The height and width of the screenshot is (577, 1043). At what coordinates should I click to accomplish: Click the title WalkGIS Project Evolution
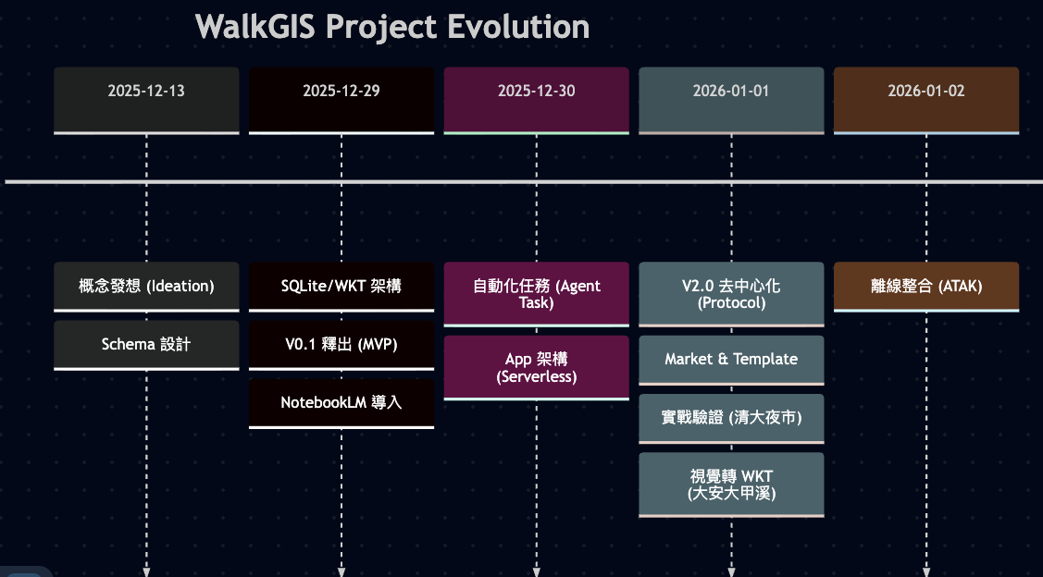(x=392, y=27)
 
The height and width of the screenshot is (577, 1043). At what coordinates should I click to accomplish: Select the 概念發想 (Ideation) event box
(x=146, y=286)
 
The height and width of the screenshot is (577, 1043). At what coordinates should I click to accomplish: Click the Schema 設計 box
(x=146, y=344)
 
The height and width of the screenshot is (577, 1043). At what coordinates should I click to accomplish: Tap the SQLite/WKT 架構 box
(x=341, y=286)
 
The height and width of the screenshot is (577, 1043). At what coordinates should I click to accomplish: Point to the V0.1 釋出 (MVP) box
(x=341, y=344)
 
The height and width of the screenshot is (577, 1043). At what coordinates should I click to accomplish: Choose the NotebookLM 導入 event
(x=341, y=402)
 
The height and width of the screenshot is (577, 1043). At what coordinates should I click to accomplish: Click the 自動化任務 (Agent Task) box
(x=536, y=293)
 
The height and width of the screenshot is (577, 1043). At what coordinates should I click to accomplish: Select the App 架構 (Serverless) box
(x=536, y=367)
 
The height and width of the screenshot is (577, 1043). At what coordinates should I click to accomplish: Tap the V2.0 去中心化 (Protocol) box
(x=731, y=293)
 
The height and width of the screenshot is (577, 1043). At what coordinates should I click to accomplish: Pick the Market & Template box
(x=731, y=359)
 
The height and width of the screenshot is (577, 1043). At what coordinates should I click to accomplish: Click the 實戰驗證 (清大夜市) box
(x=731, y=417)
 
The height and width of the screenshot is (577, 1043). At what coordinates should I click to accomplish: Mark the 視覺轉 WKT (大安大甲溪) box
(x=731, y=484)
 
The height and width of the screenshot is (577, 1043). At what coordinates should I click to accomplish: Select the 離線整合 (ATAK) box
(x=926, y=286)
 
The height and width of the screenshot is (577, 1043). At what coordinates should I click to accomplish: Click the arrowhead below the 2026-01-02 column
(x=926, y=571)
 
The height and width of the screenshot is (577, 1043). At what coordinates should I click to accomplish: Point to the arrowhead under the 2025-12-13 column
(x=146, y=571)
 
